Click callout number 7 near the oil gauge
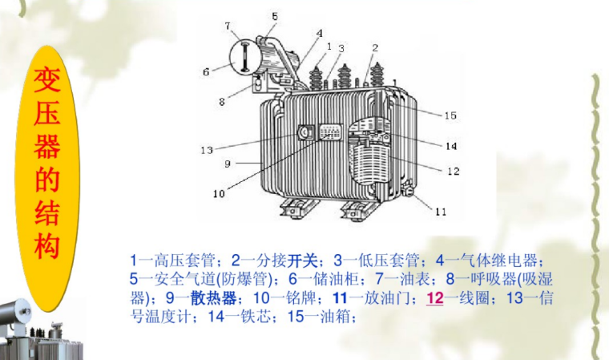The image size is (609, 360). tap(228, 26)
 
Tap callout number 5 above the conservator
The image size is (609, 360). tap(275, 16)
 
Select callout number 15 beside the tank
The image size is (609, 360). tap(450, 115)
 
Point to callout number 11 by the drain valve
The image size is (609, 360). tap(441, 212)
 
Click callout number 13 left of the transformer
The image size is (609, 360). tap(207, 150)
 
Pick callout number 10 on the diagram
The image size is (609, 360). tap(219, 193)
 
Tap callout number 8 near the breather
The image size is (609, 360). tap(221, 102)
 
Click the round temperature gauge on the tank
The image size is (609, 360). tap(304, 133)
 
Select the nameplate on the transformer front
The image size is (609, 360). tap(330, 131)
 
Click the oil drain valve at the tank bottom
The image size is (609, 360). tap(407, 190)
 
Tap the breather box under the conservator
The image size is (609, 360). tap(257, 83)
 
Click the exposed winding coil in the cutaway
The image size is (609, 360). tap(368, 164)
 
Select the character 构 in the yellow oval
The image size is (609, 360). tap(46, 246)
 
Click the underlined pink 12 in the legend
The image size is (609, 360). tap(435, 298)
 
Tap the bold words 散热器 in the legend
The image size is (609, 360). tap(214, 298)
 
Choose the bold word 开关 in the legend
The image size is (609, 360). tap(302, 261)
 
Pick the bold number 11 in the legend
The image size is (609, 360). tap(340, 298)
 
